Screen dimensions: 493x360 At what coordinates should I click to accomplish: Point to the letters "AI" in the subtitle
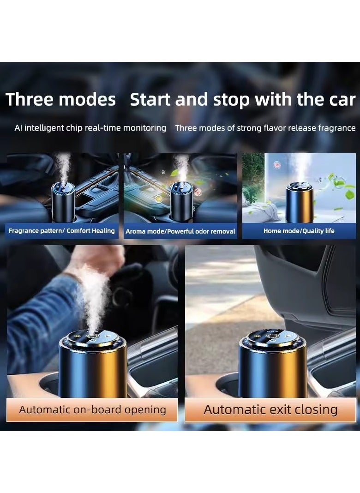coord(18,128)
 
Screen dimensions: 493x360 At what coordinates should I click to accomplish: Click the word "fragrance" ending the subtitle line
coord(337,128)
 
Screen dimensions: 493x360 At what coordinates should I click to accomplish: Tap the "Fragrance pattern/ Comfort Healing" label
coord(61,230)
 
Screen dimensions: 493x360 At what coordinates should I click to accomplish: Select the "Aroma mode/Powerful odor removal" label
coord(180,231)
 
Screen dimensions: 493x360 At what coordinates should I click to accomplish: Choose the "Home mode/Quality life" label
coord(299,230)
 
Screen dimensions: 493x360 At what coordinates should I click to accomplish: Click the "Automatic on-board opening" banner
coord(92,409)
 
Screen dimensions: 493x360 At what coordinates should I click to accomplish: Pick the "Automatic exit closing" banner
coord(270,409)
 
